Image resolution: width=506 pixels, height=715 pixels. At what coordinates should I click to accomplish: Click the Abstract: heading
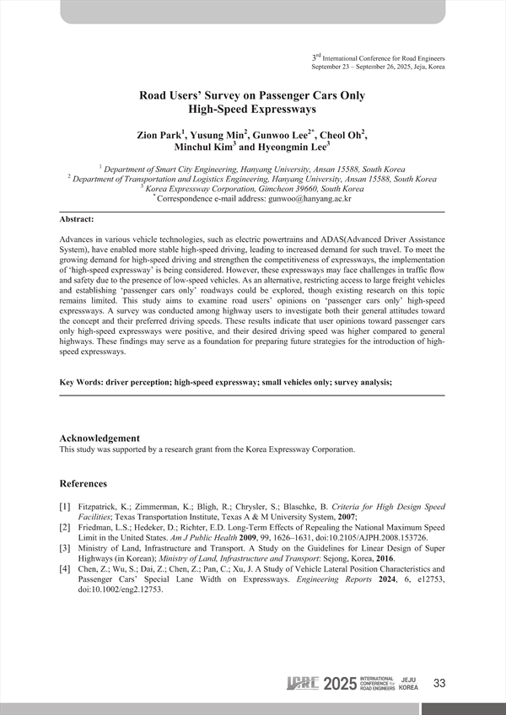[77, 219]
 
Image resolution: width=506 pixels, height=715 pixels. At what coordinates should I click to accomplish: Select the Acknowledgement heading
[100, 438]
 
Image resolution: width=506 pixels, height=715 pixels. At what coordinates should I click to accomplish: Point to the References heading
[83, 483]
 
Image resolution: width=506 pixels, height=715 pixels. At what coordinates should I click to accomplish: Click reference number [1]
[65, 508]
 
